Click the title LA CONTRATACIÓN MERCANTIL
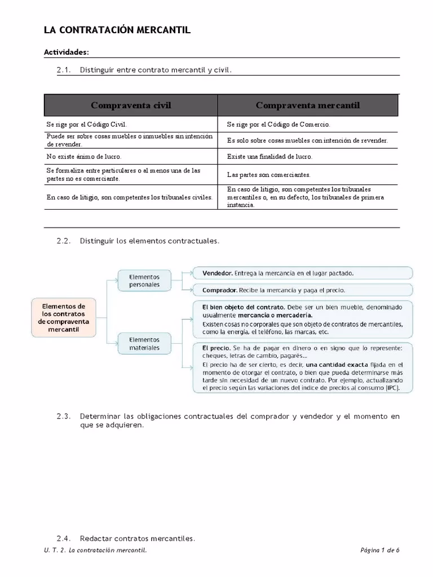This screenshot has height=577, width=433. (x=117, y=30)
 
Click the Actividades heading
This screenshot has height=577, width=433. (x=67, y=52)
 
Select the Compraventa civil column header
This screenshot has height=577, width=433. (x=131, y=105)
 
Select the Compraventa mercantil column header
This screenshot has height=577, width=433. (x=307, y=105)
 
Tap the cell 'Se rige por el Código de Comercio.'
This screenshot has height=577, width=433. (x=279, y=125)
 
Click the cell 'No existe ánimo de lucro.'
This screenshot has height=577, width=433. (x=84, y=157)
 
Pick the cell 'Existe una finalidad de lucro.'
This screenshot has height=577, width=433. (x=269, y=157)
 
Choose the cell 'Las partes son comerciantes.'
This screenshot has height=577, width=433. (x=268, y=175)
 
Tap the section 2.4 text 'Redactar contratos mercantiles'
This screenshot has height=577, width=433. (x=137, y=539)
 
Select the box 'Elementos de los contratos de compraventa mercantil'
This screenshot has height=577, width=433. (x=63, y=317)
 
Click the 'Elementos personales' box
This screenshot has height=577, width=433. (x=144, y=281)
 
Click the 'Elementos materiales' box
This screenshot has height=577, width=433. (x=144, y=344)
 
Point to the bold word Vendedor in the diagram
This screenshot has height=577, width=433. (x=217, y=273)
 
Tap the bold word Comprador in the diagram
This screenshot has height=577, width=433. (x=219, y=291)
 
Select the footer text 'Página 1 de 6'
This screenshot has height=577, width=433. (x=379, y=551)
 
